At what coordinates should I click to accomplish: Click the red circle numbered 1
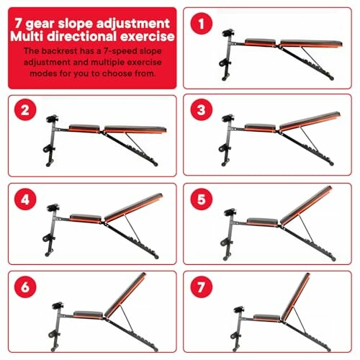[201, 24]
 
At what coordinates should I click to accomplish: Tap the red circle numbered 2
[25, 110]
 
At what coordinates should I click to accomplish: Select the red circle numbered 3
[201, 109]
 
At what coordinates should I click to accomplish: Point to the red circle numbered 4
[25, 199]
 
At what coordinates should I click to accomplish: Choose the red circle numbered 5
[201, 199]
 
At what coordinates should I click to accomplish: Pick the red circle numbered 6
[25, 287]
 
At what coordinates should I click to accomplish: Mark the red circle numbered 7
[201, 287]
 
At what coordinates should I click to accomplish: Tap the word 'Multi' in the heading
[27, 37]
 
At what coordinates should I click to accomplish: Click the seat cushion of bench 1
[260, 42]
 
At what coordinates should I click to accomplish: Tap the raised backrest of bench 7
[296, 297]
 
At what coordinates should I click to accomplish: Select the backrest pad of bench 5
[306, 206]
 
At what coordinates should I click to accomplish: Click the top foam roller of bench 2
[53, 119]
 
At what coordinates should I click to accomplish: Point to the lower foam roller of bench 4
[49, 238]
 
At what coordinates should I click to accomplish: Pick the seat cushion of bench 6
[88, 314]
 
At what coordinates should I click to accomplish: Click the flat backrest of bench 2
[135, 129]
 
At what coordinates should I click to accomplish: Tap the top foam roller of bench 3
[228, 118]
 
